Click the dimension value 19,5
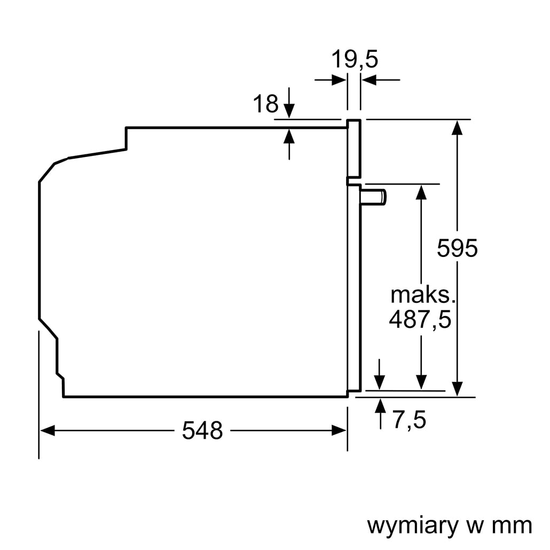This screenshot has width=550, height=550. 354,59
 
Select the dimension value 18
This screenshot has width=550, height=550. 265,104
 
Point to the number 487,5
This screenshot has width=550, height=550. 420,319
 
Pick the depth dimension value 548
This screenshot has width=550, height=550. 202,430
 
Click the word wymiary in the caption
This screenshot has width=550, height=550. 413,525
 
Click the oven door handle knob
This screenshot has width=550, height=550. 374,197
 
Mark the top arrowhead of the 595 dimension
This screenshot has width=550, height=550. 457,127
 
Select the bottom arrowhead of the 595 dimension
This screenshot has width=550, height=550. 457,389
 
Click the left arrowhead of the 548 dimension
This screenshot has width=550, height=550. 47,430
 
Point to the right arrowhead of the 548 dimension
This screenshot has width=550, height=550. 340,430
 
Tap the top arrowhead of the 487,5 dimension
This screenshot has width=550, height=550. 421,192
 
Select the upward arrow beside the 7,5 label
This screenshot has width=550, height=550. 380,406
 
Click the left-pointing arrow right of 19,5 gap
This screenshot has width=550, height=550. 368,80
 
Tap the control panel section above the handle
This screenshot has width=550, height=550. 354,150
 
